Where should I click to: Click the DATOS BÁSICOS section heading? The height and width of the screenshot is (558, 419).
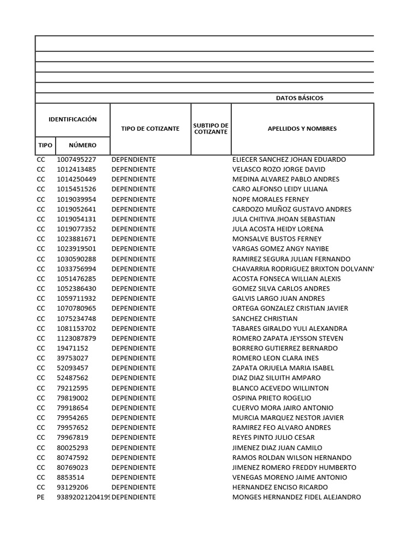(x=300, y=98)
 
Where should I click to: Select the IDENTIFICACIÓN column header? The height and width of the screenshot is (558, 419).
(x=73, y=119)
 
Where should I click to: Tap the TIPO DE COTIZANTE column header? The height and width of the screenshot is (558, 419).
(x=150, y=129)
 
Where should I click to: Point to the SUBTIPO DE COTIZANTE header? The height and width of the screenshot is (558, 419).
(x=211, y=129)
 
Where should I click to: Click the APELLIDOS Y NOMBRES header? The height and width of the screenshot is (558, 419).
(x=302, y=129)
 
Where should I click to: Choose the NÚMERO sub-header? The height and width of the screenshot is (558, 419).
(x=82, y=145)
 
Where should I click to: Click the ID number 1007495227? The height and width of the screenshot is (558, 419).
(x=76, y=160)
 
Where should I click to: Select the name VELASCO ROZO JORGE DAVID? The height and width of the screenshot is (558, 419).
(x=278, y=169)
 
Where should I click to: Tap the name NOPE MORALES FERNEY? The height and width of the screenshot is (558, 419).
(x=271, y=199)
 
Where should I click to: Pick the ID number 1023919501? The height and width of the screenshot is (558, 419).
(x=76, y=249)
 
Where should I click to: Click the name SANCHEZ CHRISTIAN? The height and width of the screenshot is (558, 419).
(x=265, y=319)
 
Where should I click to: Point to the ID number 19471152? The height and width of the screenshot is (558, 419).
(x=73, y=348)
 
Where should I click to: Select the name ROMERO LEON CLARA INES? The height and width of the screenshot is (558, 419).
(x=275, y=358)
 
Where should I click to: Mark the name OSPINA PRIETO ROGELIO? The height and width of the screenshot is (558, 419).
(x=272, y=398)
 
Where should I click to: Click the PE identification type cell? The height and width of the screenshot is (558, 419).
(x=41, y=498)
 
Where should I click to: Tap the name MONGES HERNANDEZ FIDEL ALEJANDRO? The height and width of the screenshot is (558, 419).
(x=296, y=498)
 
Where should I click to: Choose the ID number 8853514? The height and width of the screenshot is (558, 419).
(x=70, y=477)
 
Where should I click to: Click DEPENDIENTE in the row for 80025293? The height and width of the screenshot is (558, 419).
(x=134, y=448)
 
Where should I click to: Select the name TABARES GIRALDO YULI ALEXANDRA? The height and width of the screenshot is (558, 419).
(x=290, y=329)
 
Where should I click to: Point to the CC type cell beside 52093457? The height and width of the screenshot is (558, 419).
(x=41, y=368)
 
